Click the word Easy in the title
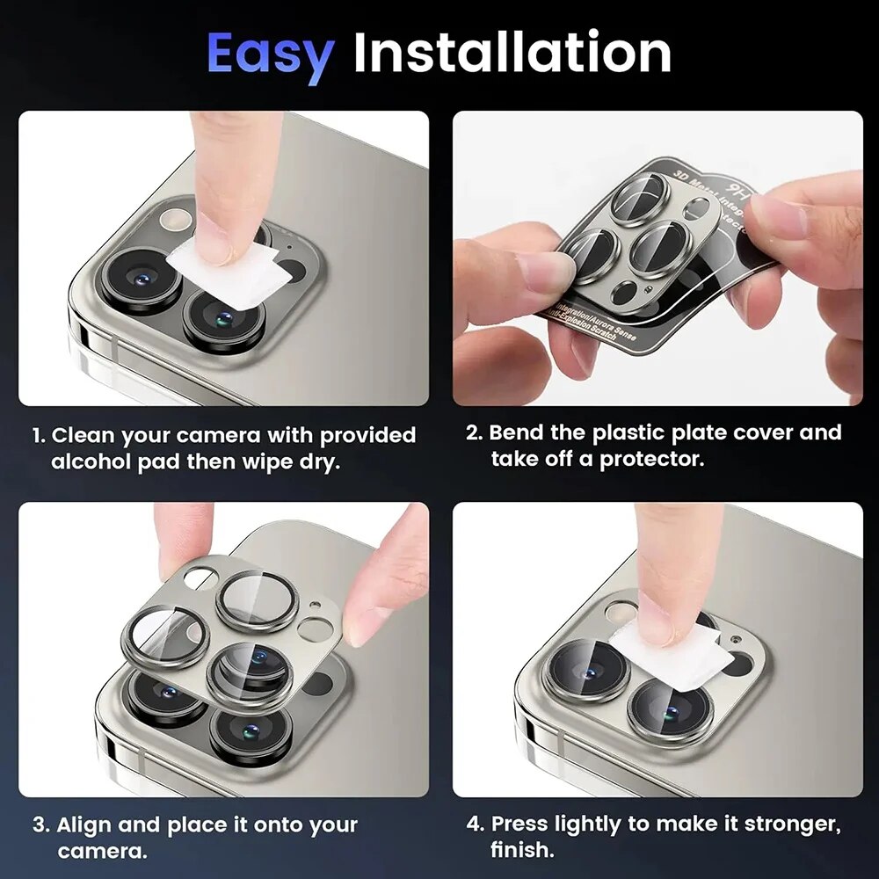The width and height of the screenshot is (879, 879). [270, 54]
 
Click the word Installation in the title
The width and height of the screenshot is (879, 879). [512, 54]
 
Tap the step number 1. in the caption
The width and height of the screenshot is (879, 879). [40, 436]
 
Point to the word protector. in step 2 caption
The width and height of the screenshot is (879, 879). [652, 460]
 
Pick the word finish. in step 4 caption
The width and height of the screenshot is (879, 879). [522, 850]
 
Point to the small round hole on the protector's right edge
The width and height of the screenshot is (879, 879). [314, 627]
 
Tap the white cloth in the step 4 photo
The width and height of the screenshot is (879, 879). [671, 654]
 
